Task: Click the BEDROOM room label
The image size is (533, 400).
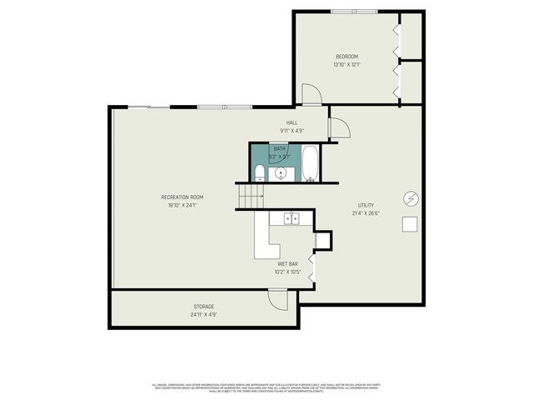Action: pos(346,57)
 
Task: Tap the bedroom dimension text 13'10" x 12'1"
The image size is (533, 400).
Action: pos(346,64)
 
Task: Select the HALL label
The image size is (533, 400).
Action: pos(292,122)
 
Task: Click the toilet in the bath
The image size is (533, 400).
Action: pos(260,173)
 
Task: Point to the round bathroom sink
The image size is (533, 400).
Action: pos(281,173)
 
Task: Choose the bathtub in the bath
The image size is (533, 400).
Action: pos(310,163)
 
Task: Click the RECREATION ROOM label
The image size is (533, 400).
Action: pos(182,197)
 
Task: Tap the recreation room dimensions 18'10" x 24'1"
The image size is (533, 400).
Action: pos(182,205)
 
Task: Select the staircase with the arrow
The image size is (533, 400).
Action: pos(251,197)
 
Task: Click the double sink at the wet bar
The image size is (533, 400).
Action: pos(291,218)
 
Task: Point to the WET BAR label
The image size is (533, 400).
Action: pos(288,264)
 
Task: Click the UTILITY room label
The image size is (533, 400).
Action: pos(366,205)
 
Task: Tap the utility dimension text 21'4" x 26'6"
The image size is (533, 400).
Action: pos(366,212)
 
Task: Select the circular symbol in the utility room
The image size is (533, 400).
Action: pos(410,198)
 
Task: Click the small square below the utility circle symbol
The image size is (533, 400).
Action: pos(410,223)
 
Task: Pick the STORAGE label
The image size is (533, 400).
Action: pos(204,307)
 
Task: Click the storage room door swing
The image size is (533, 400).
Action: pos(277,297)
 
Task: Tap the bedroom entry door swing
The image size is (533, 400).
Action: pos(311,94)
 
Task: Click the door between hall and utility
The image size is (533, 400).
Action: pos(339,127)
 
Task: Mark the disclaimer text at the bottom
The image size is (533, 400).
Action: pos(266,387)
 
